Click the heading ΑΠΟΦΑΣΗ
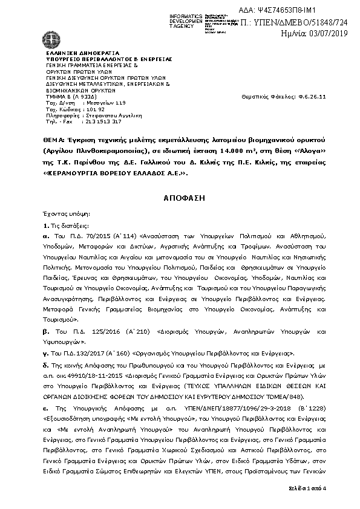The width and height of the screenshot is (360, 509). pos(180,198)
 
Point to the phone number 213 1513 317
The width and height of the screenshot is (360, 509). pos(95,122)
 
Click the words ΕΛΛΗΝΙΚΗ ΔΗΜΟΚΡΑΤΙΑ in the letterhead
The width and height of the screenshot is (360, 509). pos(74,53)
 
